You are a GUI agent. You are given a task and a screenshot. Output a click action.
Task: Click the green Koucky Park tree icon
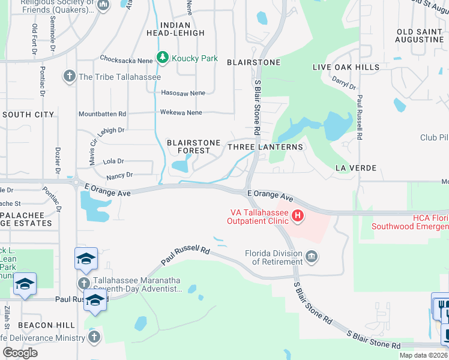click(x=162, y=58)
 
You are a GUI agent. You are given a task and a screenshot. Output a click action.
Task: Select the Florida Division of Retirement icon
click(x=312, y=257)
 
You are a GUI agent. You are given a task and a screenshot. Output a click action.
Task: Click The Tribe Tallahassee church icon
click(x=69, y=76)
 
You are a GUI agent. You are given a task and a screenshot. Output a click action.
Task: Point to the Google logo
click(x=20, y=352)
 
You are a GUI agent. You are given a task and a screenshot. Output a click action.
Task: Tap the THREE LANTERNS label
click(x=265, y=146)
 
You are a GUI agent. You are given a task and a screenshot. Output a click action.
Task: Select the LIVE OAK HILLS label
click(x=346, y=67)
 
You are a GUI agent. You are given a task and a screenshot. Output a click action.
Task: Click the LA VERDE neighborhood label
click(x=356, y=167)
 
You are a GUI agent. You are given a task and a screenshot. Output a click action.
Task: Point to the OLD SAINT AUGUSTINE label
click(x=420, y=35)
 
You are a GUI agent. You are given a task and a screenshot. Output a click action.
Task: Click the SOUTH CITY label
click(x=28, y=114)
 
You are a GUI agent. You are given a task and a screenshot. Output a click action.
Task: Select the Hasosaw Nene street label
click(x=183, y=93)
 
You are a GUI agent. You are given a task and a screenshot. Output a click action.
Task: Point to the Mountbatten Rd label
click(x=102, y=113)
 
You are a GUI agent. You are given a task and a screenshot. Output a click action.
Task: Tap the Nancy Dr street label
click(x=119, y=175)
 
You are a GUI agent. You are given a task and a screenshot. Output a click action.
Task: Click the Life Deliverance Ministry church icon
click(x=94, y=338)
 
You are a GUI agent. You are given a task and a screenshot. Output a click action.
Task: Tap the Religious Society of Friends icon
click(x=103, y=5)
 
